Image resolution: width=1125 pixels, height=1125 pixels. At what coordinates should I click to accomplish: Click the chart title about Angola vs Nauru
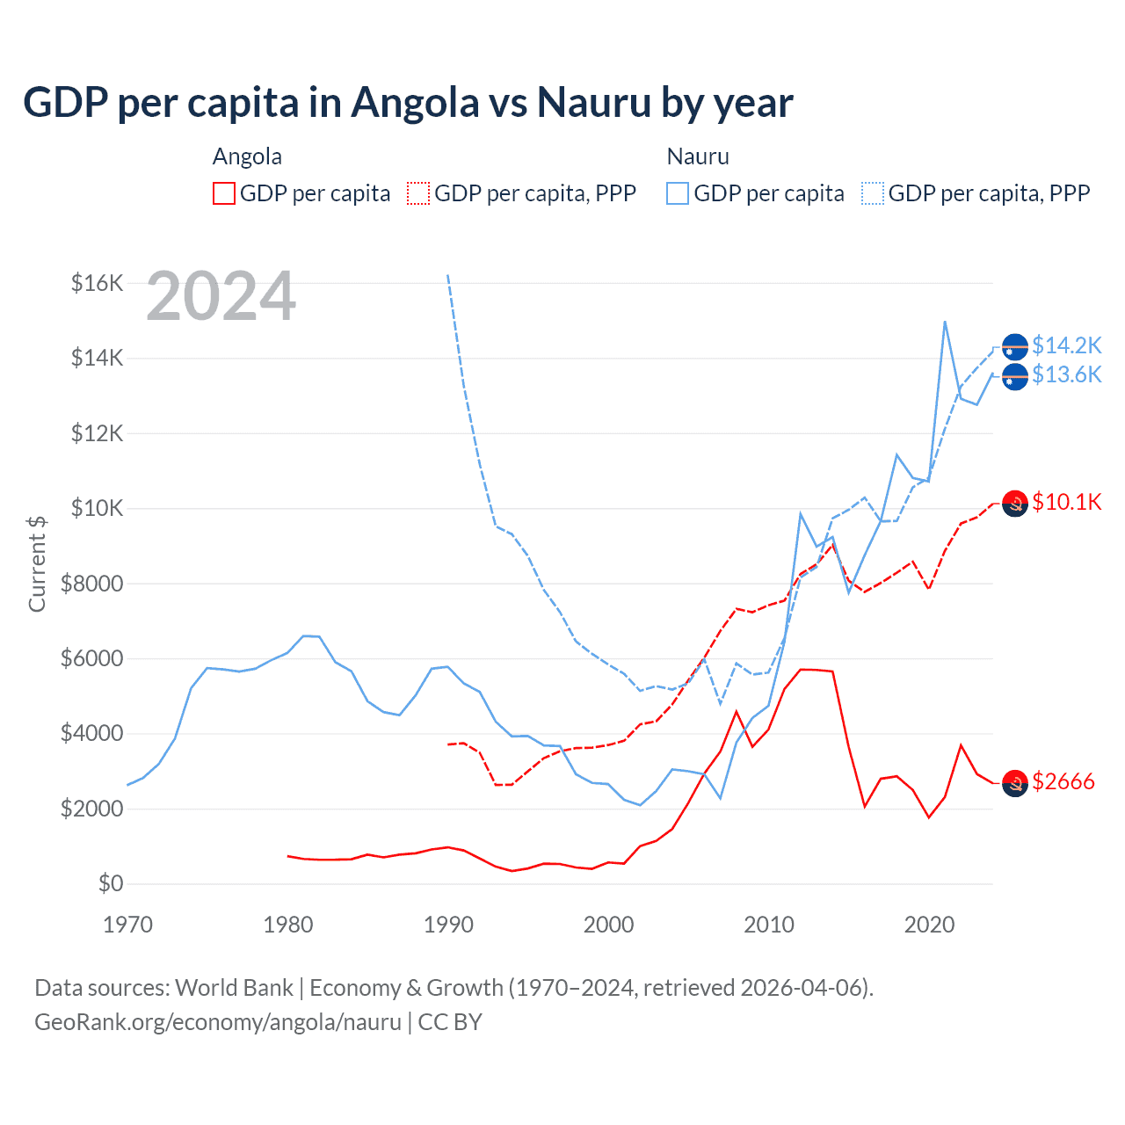coord(408,103)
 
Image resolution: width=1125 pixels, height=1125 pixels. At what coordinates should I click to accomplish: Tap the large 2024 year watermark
coord(221,296)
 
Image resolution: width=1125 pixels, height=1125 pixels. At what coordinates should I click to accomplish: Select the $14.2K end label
coord(1066,345)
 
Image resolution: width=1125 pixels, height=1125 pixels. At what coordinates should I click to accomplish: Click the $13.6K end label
coord(1066,375)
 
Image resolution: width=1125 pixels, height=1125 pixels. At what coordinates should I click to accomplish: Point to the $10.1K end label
coord(1066,502)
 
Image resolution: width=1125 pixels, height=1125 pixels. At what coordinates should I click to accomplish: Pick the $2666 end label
coord(1063,781)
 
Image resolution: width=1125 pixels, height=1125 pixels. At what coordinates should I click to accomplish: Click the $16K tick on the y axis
coord(97,283)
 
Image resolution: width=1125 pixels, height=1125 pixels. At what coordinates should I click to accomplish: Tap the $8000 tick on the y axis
coord(91,584)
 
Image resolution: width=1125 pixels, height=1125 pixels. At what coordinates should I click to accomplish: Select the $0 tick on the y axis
coord(110,883)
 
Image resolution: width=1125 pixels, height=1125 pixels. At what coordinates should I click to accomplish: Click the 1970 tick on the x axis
coord(128,925)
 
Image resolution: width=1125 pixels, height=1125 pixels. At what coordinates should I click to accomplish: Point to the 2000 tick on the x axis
coord(608,925)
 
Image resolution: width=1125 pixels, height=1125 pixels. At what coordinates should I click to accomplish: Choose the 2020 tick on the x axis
coord(929,925)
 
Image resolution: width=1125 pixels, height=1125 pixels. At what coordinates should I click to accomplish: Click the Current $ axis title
coord(37,564)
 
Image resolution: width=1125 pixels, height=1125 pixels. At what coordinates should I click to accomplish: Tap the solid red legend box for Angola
coord(224,193)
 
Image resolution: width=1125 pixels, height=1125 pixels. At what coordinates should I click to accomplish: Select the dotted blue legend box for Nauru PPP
coord(873,193)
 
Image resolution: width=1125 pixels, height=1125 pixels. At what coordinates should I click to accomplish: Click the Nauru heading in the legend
coord(698,156)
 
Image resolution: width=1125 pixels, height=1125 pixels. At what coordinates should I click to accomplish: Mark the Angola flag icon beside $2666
coord(1015,782)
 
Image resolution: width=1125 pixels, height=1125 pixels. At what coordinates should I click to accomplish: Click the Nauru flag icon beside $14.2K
coord(1015,346)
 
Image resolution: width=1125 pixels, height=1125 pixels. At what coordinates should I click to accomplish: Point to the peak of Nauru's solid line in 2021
coord(945,322)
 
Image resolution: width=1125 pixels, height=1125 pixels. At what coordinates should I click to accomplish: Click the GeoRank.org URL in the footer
coord(218,1022)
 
